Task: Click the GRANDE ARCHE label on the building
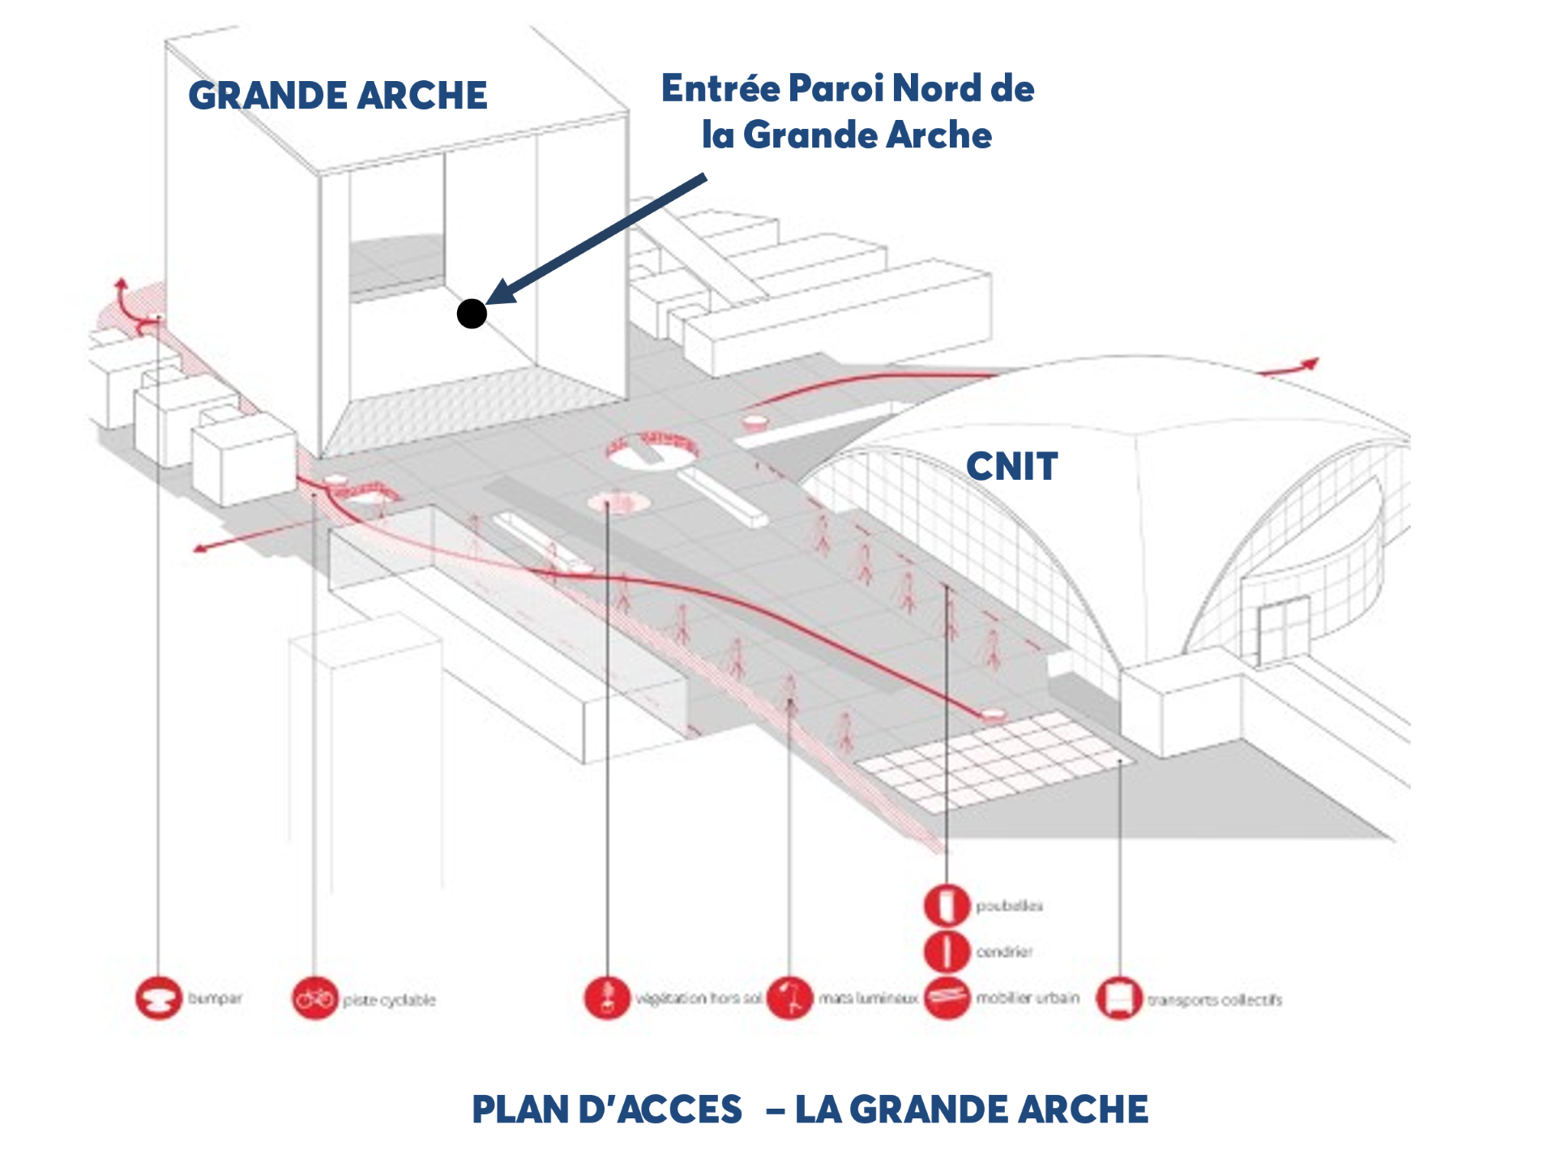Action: tap(337, 96)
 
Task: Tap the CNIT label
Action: tap(1011, 467)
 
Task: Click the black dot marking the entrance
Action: tap(472, 314)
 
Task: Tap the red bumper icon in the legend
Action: tap(158, 998)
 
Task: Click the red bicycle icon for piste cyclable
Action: tap(314, 998)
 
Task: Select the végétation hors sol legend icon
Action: tap(607, 998)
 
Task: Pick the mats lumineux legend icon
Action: tap(789, 998)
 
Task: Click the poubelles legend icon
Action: tap(947, 905)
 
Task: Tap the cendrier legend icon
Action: tap(947, 951)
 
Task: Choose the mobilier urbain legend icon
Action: tap(947, 998)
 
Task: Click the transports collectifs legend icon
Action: tap(1119, 998)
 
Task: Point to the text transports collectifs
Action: tap(1214, 1000)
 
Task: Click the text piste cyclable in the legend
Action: tap(389, 1000)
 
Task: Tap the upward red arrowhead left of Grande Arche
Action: tap(121, 284)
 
